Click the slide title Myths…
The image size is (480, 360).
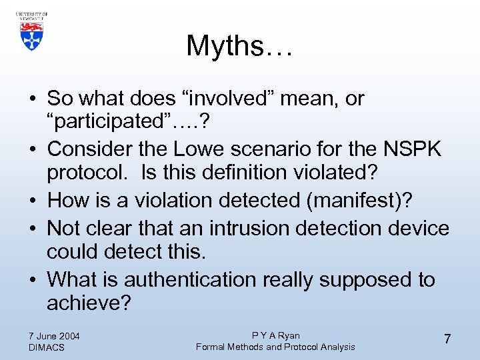point(239,45)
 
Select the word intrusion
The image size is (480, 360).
point(247,228)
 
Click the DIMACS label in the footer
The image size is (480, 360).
point(47,347)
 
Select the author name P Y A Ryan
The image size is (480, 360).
point(275,335)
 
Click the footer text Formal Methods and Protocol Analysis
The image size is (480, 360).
point(275,347)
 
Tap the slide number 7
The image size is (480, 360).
point(447,339)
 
